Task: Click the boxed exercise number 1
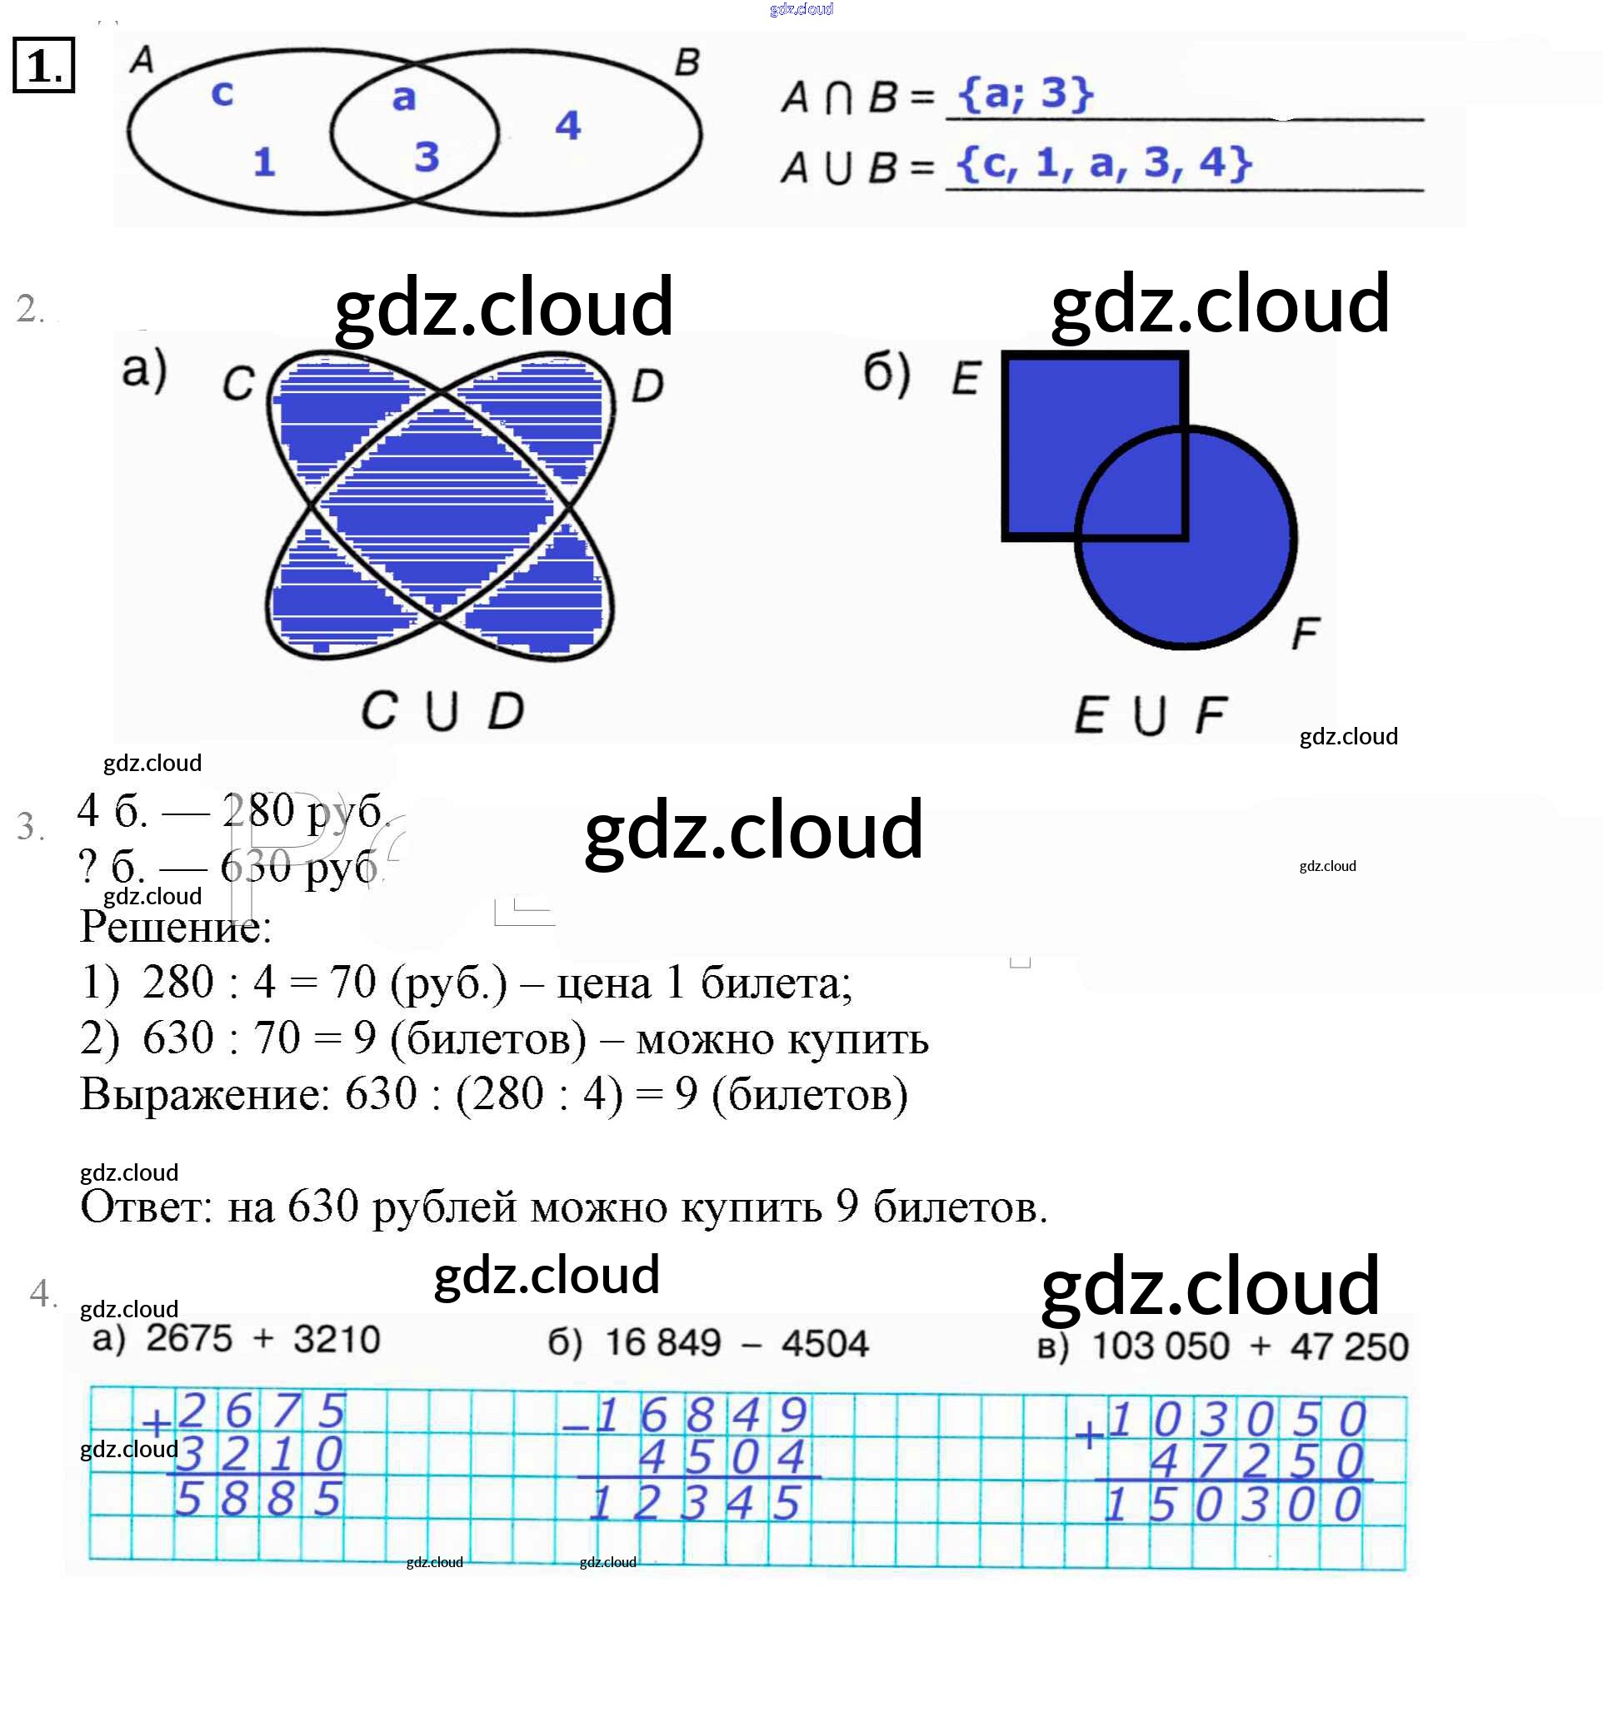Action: (x=43, y=66)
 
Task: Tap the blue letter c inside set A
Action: (x=222, y=92)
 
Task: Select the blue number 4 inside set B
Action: (x=567, y=126)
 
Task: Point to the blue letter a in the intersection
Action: (x=404, y=97)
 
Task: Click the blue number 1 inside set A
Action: (x=263, y=162)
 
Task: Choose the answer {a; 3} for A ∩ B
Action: (x=1025, y=92)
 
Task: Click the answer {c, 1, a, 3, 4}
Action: (x=1104, y=163)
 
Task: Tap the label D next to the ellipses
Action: (x=647, y=386)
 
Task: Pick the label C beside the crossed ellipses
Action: (x=238, y=384)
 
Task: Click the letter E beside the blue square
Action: (x=966, y=379)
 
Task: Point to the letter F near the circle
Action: (x=1304, y=633)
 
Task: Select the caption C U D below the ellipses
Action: (x=442, y=711)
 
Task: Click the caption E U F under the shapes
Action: (x=1150, y=716)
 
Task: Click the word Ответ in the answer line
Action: (x=145, y=1206)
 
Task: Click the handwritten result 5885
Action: (x=258, y=1500)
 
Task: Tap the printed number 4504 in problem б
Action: (x=824, y=1343)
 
